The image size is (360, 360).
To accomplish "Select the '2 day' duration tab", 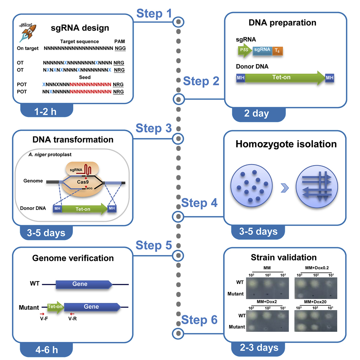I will click(256, 113).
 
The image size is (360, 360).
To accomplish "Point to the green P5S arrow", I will click(245, 51).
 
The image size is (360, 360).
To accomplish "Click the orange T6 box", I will click(277, 51).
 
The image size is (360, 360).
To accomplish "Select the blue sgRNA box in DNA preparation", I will click(262, 51).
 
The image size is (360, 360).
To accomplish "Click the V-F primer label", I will click(43, 320).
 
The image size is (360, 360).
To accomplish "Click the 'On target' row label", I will click(28, 48).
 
